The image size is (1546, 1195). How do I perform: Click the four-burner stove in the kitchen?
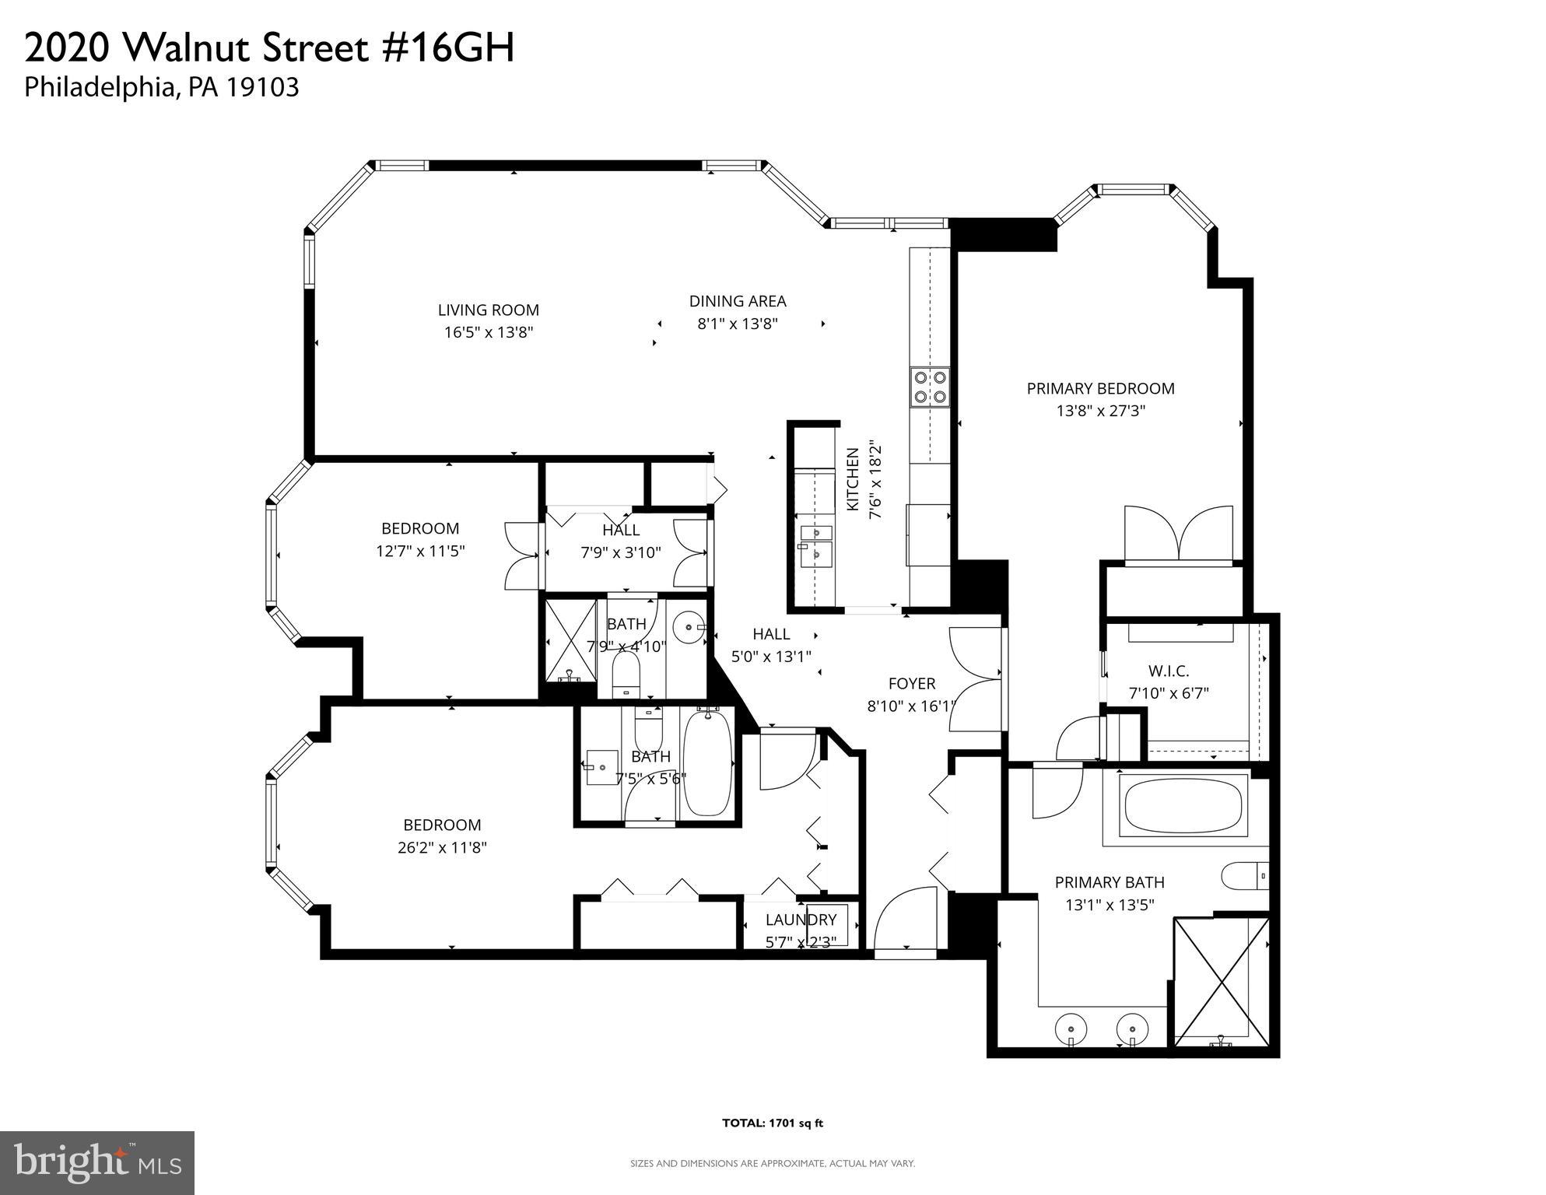point(931,387)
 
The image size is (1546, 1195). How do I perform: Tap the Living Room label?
point(488,310)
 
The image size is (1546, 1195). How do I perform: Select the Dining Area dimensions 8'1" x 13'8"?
point(737,324)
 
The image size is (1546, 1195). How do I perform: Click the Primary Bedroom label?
point(1100,388)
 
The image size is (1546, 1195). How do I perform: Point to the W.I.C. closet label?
point(1169,671)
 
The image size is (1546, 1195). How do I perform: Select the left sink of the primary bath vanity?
point(1071,1030)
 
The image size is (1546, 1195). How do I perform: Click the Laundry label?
point(801,920)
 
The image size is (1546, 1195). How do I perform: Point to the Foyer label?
point(912,683)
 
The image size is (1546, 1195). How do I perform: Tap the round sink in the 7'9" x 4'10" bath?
point(689,626)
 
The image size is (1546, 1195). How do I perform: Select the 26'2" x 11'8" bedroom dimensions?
point(442,847)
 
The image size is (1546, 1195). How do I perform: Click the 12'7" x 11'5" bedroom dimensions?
point(420,551)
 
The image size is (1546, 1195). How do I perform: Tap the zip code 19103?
point(262,87)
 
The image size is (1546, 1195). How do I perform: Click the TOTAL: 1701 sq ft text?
point(772,1123)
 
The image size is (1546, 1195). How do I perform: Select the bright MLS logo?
point(97,1162)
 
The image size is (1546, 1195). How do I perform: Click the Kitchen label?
point(853,479)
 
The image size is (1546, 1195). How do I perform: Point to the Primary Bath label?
point(1109,882)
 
